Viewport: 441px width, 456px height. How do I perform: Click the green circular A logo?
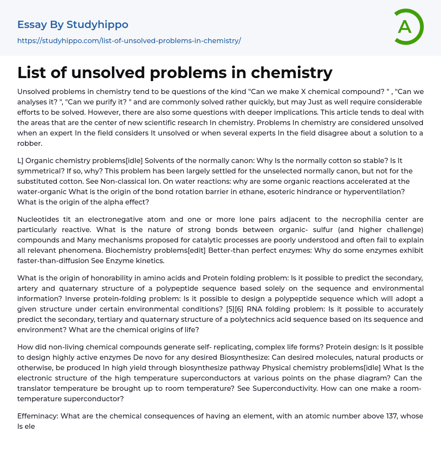tap(409, 27)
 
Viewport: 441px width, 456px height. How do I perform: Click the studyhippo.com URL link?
tap(129, 41)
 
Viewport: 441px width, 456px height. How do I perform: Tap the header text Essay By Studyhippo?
tap(73, 25)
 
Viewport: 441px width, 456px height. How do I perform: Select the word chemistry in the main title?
tap(291, 72)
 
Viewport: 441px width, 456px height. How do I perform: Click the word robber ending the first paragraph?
tap(30, 143)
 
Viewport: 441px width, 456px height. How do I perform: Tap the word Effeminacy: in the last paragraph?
tap(37, 416)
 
